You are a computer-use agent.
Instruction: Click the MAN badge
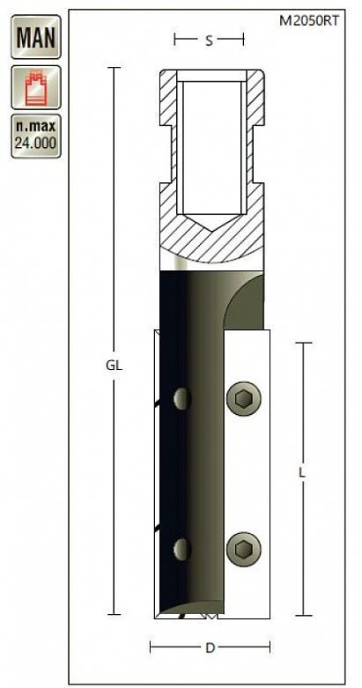(36, 37)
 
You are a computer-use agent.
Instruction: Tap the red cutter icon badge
(36, 87)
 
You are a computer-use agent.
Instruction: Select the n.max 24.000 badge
(36, 136)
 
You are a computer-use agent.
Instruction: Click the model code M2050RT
(309, 20)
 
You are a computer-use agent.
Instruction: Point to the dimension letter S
(210, 41)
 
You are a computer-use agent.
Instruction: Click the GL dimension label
(115, 366)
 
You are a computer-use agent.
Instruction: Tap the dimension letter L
(301, 473)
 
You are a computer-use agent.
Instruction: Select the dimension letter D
(210, 648)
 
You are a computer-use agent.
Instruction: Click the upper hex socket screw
(243, 398)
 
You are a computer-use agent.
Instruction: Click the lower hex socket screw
(243, 549)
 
